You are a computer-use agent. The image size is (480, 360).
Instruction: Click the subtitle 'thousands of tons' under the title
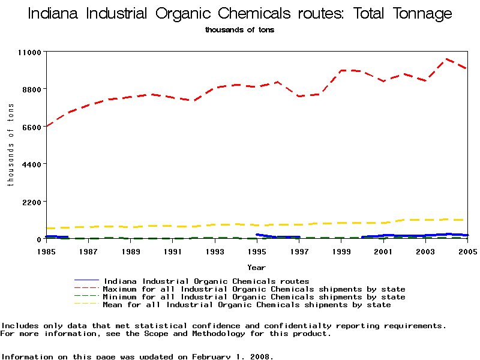[x=239, y=29]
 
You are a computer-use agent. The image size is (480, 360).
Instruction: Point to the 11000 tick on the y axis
[x=28, y=52]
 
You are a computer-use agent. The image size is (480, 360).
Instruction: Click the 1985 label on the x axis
[x=47, y=251]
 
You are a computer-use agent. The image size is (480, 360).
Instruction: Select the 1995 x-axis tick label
[x=257, y=251]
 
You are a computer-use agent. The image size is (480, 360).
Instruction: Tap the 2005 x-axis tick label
[x=467, y=251]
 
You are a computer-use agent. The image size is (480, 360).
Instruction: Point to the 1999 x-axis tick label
[x=341, y=251]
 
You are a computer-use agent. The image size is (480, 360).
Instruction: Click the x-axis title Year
[x=257, y=267]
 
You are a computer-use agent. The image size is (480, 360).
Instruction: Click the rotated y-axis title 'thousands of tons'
[x=10, y=144]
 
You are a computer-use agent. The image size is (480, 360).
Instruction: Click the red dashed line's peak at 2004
[x=446, y=60]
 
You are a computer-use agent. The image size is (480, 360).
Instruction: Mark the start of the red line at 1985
[x=47, y=126]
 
